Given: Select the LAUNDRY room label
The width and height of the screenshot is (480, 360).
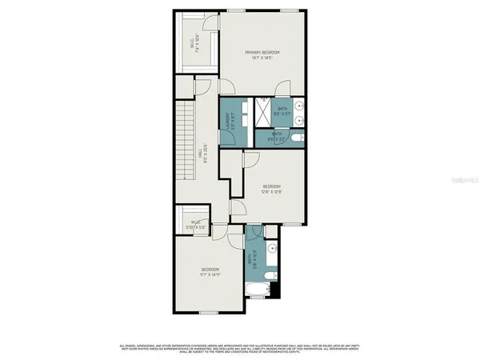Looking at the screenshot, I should [229, 121].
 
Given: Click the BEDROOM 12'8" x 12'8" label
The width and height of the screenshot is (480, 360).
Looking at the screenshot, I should [272, 188].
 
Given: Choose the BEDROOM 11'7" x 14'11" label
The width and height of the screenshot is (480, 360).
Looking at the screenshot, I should [210, 272].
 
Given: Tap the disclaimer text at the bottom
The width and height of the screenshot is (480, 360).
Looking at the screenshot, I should [240, 347].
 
